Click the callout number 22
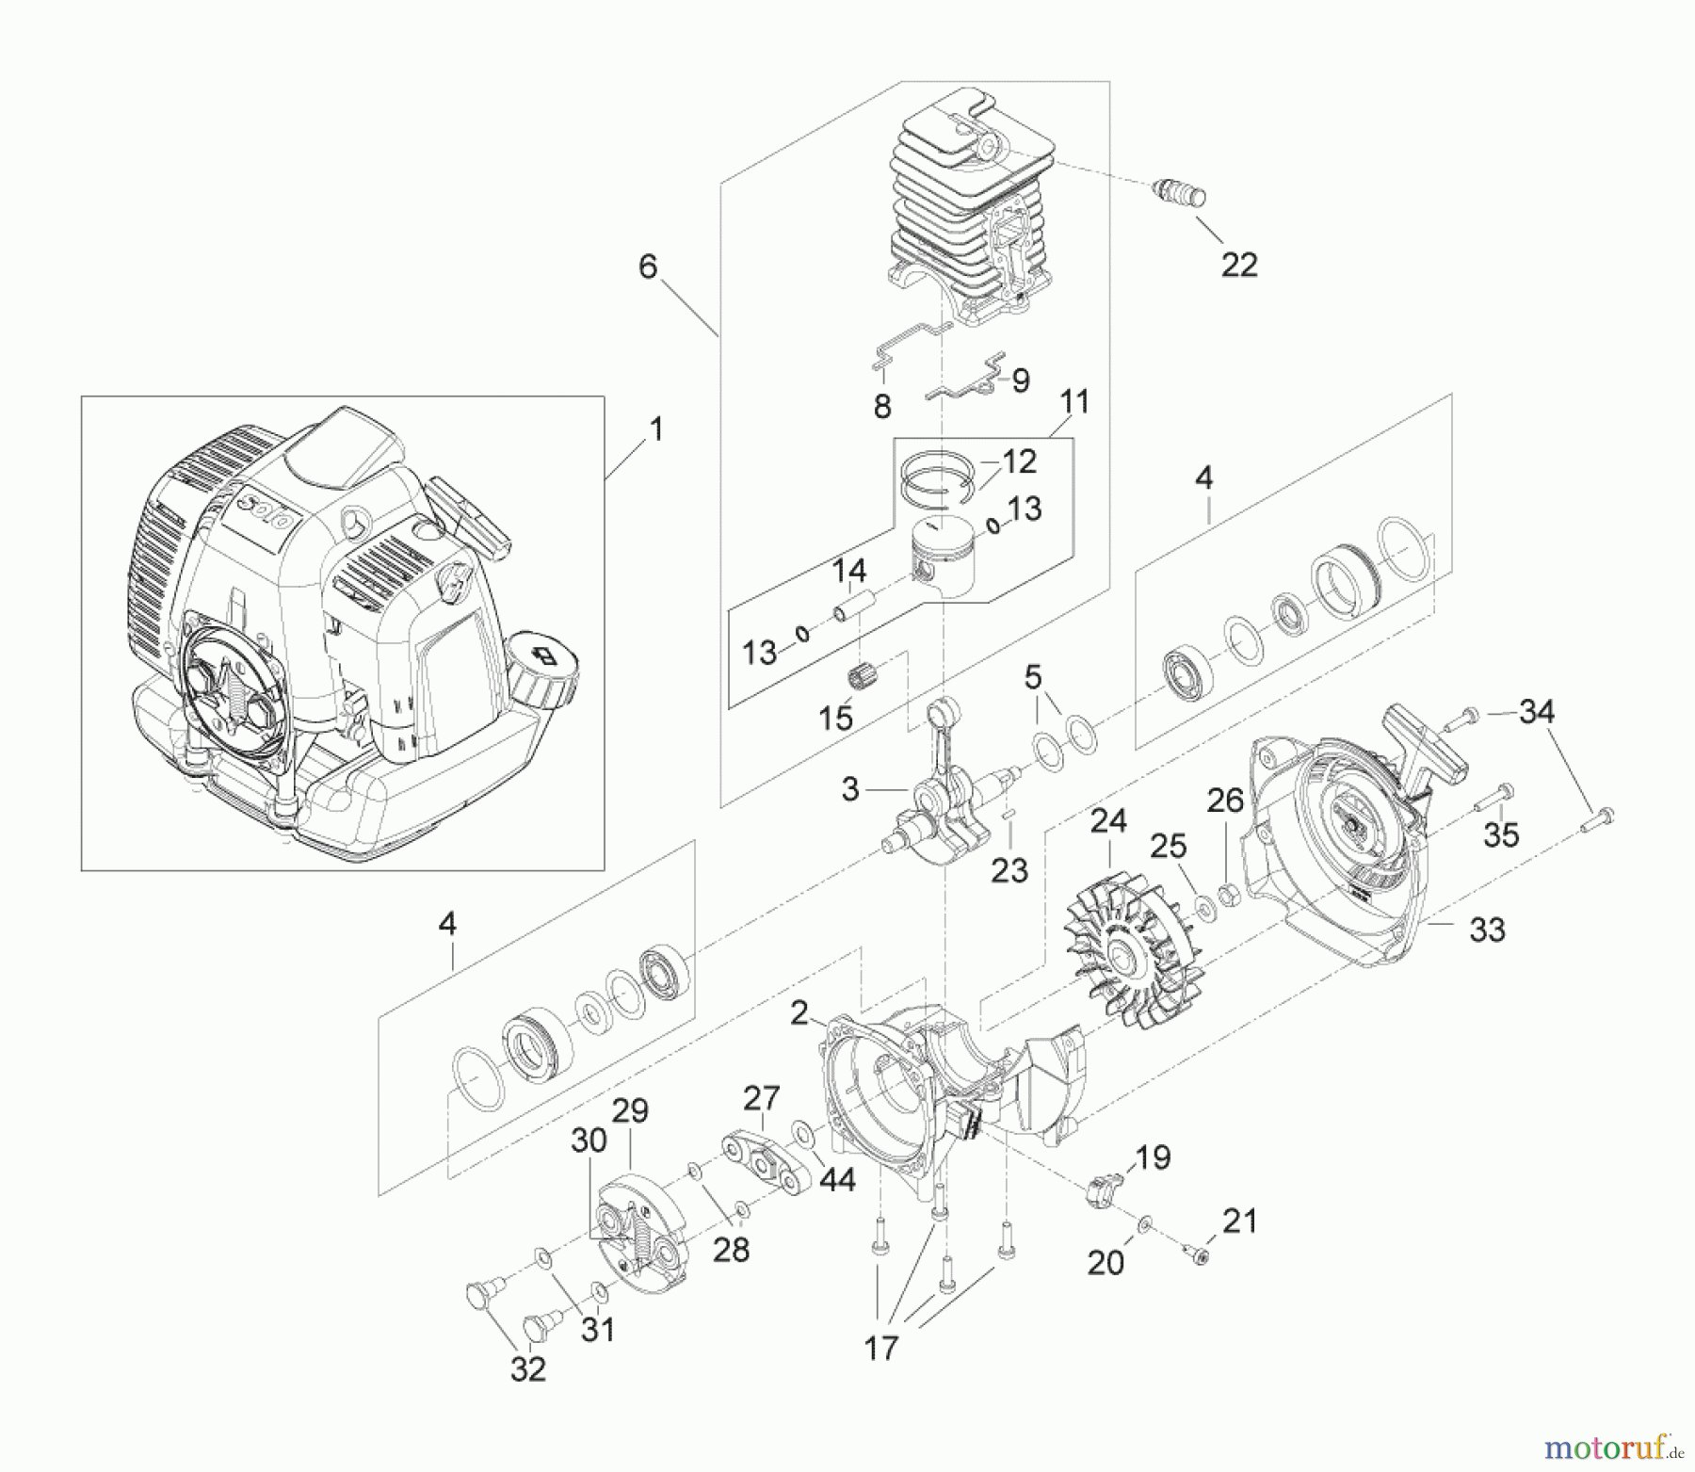click(1238, 265)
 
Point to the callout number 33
click(1487, 930)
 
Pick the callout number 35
click(1501, 833)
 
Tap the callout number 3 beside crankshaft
click(850, 788)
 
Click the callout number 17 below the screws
click(881, 1348)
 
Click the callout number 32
click(527, 1368)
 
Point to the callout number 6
click(648, 267)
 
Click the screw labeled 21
click(1198, 1253)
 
